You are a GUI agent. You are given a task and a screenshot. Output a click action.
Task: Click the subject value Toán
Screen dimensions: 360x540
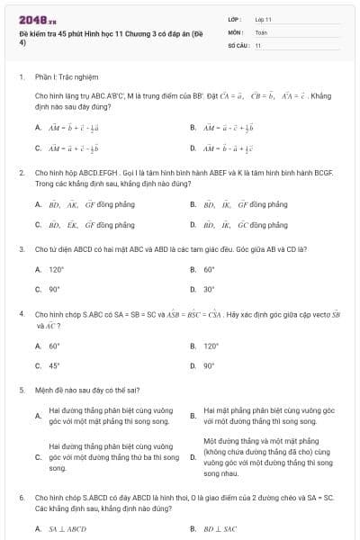pos(261,31)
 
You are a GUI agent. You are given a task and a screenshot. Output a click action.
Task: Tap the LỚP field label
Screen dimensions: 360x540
pos(235,18)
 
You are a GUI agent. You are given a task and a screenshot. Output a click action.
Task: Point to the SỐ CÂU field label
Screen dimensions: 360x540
pos(238,44)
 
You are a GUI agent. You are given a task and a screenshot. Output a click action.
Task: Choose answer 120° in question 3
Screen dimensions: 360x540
pos(57,269)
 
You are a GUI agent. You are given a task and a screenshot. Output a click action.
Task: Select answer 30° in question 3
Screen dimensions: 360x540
pos(209,290)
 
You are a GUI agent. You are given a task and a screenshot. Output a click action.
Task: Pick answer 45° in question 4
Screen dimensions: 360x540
pos(54,366)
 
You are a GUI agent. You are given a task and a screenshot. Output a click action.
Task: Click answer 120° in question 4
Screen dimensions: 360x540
pos(211,346)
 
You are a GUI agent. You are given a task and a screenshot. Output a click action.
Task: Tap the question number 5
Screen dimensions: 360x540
pos(21,391)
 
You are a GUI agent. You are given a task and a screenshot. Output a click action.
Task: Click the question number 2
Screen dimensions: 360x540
pos(21,171)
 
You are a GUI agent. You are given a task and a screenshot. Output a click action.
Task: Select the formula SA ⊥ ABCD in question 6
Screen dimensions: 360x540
pos(67,529)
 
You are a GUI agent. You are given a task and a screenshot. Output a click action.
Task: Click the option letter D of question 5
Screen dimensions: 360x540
pos(192,457)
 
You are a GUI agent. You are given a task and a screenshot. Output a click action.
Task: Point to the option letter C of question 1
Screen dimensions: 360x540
pos(38,148)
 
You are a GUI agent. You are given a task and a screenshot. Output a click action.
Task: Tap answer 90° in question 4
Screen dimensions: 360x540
pos(209,366)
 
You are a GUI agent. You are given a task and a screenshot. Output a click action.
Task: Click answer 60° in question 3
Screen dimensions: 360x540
pos(209,269)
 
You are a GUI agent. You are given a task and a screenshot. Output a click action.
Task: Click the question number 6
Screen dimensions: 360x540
pos(21,497)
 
